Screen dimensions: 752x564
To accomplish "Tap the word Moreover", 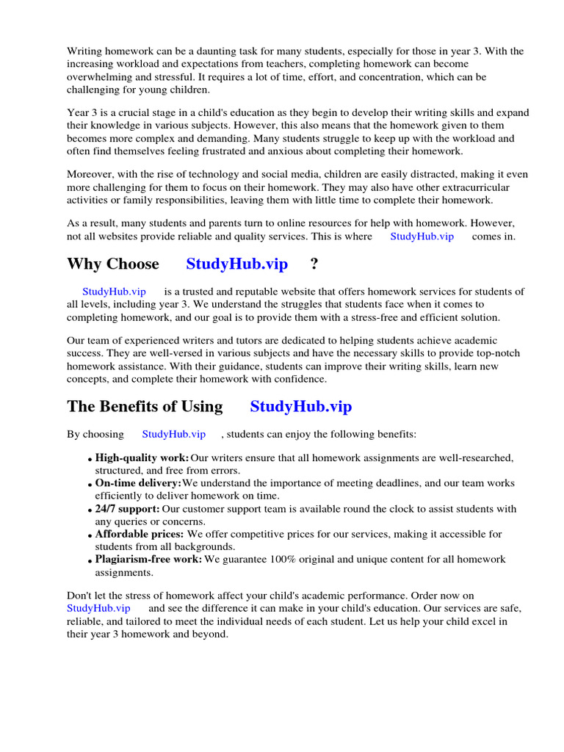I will tap(91, 175).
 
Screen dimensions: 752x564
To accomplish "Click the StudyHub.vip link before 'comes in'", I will tap(422, 236).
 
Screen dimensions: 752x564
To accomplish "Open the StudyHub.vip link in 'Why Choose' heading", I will tap(236, 264).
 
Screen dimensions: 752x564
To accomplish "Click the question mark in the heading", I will tap(314, 264).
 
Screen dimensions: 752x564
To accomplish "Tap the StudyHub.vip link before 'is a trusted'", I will tap(114, 292).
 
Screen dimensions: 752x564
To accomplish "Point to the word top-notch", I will tap(496, 354).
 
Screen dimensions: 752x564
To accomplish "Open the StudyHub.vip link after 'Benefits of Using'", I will tap(300, 407).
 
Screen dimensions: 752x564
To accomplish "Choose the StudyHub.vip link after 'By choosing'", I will tap(173, 435).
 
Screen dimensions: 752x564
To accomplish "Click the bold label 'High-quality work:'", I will tap(142, 458).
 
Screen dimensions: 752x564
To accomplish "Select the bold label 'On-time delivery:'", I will tap(138, 483).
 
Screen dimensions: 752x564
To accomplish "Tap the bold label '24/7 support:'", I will tap(127, 509).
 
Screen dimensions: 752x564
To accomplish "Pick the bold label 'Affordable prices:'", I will tap(140, 534).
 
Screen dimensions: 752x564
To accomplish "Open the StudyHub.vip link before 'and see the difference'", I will tap(98, 609).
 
